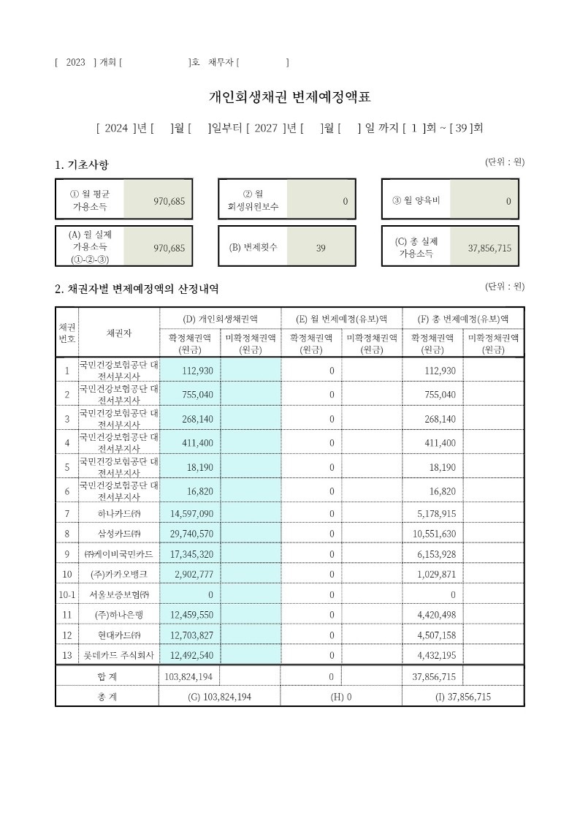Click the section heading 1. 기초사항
click(x=82, y=165)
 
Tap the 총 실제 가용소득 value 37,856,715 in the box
click(x=489, y=248)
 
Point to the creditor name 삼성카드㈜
click(x=119, y=534)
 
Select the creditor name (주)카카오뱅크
click(x=119, y=575)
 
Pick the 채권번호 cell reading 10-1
click(x=67, y=595)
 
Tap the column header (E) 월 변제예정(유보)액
click(x=341, y=319)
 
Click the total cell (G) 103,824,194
click(x=220, y=697)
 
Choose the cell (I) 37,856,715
click(x=463, y=697)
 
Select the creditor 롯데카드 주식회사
click(x=119, y=656)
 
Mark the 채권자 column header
click(x=119, y=333)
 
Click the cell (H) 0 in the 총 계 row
click(x=341, y=697)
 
